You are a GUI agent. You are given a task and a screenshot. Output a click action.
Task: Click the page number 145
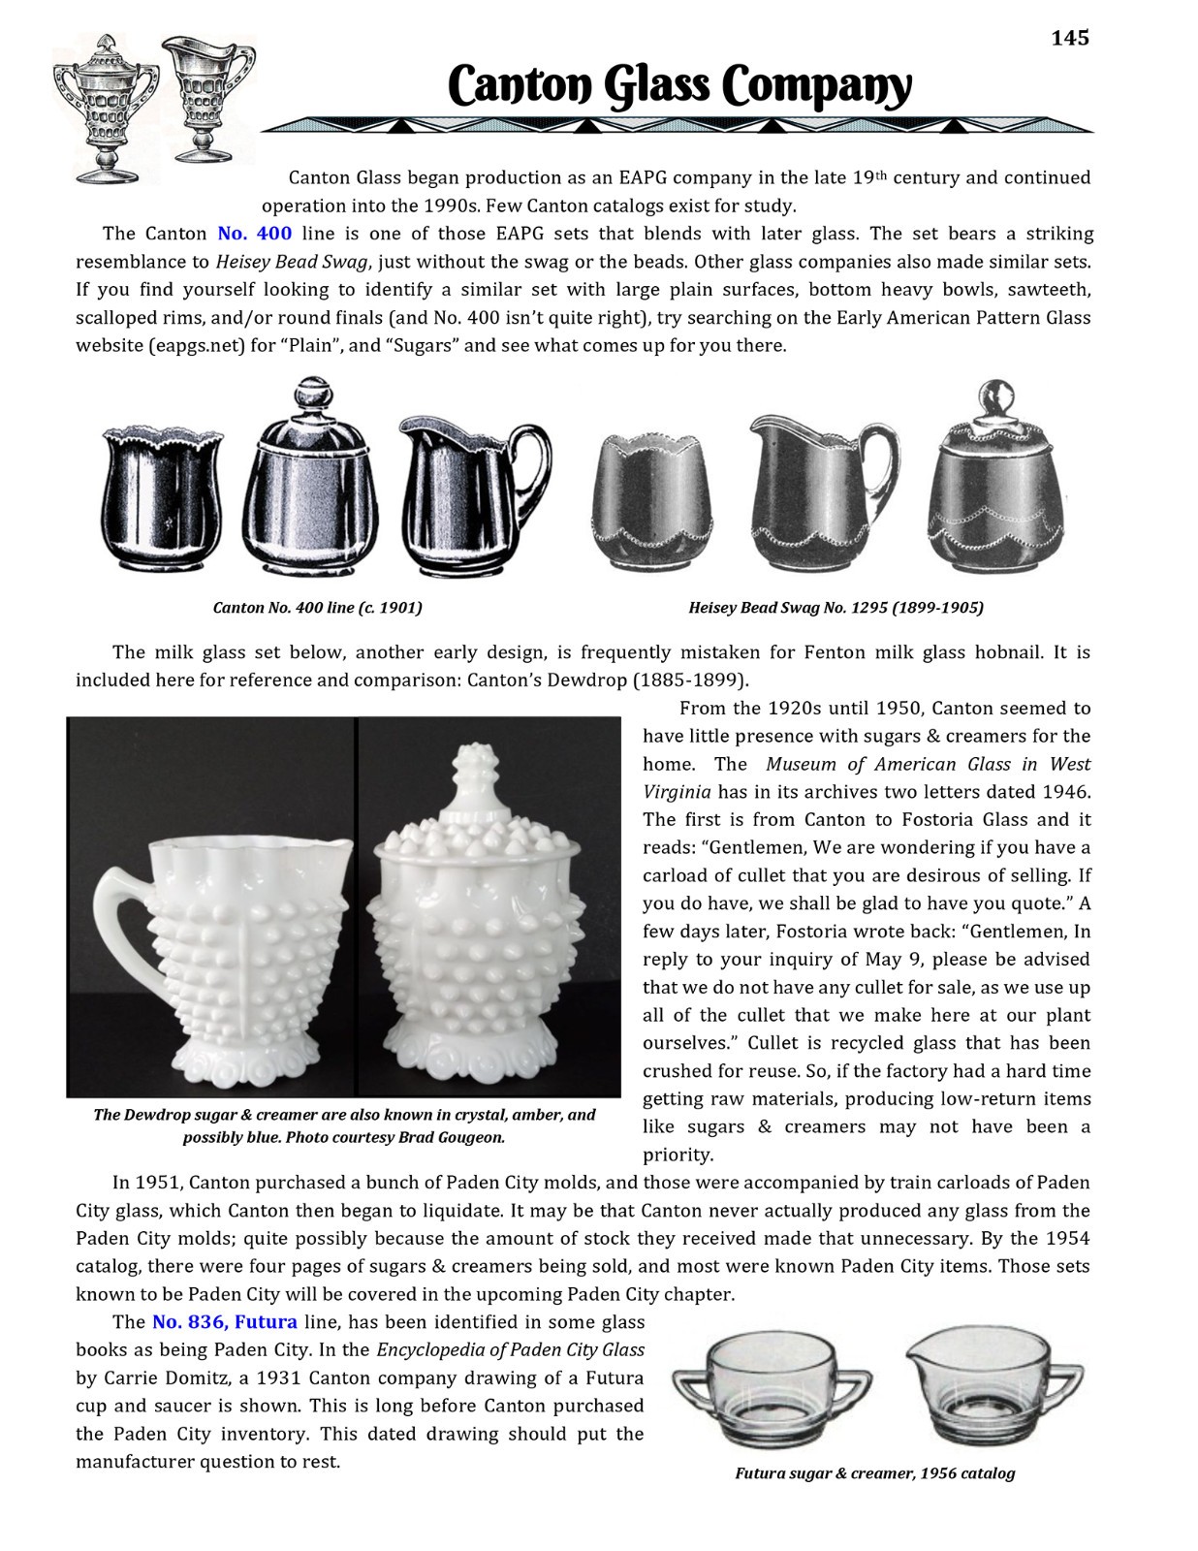[x=1070, y=38]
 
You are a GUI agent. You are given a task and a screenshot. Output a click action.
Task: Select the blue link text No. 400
[x=254, y=234]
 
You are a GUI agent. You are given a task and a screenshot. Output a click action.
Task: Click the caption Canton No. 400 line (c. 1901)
[x=317, y=608]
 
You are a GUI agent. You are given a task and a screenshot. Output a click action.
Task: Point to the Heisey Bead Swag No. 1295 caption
[x=835, y=608]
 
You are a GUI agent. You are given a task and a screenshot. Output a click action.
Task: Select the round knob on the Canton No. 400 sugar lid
[x=311, y=396]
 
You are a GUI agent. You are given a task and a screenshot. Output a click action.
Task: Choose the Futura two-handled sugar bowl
[x=772, y=1388]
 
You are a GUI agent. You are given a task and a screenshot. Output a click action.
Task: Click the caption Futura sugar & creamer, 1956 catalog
[x=874, y=1473]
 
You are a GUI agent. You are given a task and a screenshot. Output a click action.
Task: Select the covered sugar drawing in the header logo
[x=105, y=107]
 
